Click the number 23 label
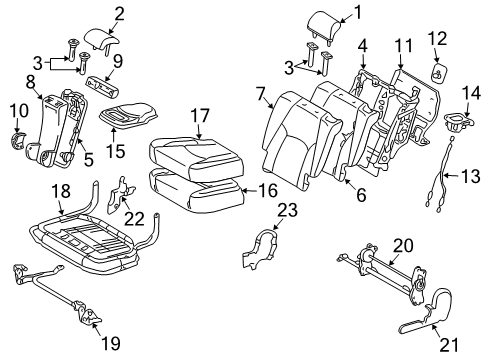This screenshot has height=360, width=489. coord(287,210)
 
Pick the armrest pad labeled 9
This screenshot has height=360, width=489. coord(109,84)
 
